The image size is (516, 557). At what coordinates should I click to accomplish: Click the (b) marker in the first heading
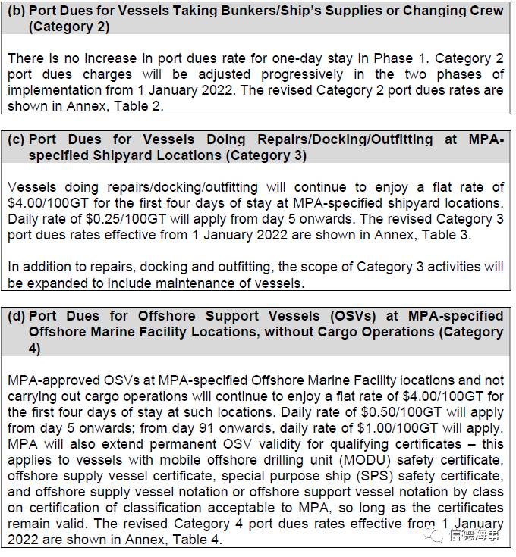(16, 11)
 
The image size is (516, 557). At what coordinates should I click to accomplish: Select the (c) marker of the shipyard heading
(16, 139)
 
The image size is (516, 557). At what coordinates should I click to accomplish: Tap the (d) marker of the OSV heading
(16, 315)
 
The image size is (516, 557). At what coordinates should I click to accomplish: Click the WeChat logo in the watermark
(434, 537)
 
